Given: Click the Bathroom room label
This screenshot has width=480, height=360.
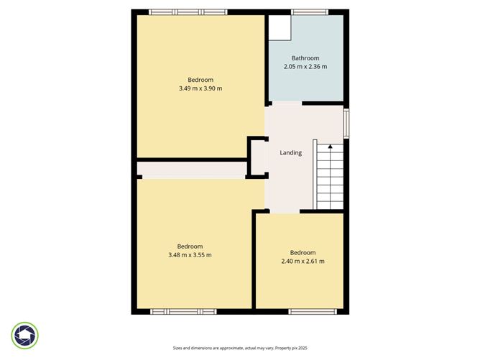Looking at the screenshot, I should (x=305, y=58).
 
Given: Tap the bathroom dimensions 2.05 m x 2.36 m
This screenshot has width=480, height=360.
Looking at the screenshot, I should (x=305, y=67).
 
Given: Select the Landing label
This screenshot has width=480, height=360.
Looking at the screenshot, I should (x=290, y=152).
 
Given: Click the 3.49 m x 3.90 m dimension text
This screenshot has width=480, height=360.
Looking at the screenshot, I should (x=200, y=88).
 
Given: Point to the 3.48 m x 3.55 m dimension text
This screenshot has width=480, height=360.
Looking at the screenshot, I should (x=190, y=254).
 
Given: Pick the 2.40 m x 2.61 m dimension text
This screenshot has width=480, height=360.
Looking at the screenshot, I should (x=303, y=261).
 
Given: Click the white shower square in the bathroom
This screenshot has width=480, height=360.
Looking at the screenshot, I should (x=279, y=27).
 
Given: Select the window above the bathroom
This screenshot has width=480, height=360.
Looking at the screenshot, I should (x=310, y=11).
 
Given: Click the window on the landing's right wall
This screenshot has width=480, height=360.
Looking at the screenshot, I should (x=346, y=123).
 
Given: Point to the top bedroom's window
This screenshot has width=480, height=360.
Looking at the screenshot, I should (x=188, y=11).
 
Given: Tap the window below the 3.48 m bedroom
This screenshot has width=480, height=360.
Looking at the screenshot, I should (x=183, y=311).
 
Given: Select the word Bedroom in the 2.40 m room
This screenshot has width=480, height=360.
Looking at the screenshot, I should (x=303, y=252).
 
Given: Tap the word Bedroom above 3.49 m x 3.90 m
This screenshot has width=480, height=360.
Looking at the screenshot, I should (x=200, y=80).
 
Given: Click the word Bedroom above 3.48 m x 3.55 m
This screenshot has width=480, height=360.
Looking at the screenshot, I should (x=190, y=246).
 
